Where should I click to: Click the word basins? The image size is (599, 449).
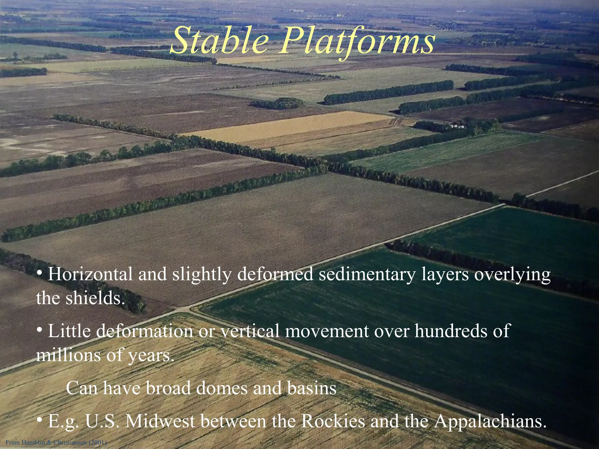point(311,388)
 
